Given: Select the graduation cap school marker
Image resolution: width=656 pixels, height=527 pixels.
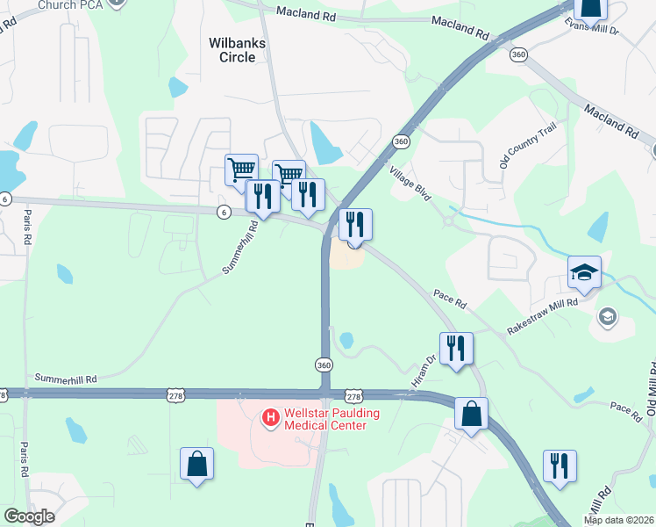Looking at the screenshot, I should (x=584, y=273).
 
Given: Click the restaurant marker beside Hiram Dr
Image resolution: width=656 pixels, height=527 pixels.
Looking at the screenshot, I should (x=456, y=348).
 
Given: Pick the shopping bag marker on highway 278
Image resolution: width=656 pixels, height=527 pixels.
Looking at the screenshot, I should (x=471, y=414).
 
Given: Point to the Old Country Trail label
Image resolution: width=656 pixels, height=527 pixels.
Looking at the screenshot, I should (x=528, y=146).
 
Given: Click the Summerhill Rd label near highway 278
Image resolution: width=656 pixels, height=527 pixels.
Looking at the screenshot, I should (x=65, y=378).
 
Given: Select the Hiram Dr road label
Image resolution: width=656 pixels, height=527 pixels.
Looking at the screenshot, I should (x=424, y=372).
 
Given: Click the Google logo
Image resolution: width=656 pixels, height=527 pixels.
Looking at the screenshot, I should (x=29, y=516).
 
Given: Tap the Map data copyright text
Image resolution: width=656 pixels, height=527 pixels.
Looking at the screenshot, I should (x=618, y=520).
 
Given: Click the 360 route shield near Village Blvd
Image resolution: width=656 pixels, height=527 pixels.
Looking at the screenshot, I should (x=402, y=141).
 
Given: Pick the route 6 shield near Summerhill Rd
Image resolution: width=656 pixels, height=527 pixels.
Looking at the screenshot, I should (x=225, y=212).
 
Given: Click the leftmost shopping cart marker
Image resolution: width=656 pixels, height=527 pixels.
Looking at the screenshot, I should (x=241, y=169).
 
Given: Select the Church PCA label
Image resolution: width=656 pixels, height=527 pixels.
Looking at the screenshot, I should (x=71, y=5).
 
